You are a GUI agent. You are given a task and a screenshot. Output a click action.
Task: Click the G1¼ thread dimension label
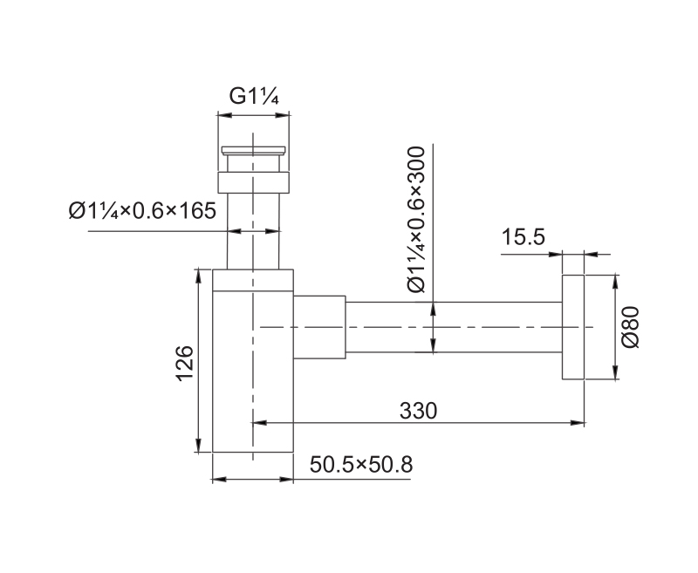pos(254,96)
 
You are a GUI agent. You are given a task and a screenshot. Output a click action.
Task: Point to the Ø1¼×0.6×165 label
pos(142,210)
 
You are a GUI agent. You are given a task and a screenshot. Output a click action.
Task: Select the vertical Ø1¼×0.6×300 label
pos(417,219)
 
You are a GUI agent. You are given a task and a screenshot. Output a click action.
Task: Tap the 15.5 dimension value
pos(523,237)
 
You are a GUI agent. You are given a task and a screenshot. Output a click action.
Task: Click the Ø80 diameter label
pos(630,327)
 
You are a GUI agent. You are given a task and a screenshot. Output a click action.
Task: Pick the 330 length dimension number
pos(418,411)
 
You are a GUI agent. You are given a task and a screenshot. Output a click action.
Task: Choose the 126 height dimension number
pos(185,363)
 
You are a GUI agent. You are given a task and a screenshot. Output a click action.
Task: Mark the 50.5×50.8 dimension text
pos(361,465)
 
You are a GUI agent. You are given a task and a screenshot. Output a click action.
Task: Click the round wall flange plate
pos(573,327)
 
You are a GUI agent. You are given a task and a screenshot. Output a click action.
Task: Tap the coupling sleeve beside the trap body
pos(319,327)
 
